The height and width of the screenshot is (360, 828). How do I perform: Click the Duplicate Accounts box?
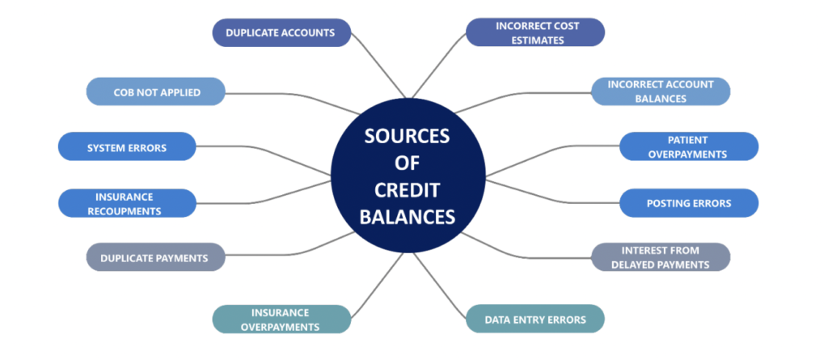(x=281, y=33)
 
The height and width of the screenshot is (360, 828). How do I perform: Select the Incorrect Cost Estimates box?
(x=535, y=33)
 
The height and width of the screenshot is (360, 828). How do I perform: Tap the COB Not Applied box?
(x=155, y=91)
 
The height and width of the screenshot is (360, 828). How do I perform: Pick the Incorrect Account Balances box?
(x=660, y=91)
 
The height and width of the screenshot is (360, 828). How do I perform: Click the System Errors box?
(x=127, y=147)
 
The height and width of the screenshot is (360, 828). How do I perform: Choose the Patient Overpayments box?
(x=688, y=147)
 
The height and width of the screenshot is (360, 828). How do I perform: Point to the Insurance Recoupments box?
(x=127, y=203)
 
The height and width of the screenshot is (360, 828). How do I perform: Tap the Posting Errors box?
(x=688, y=203)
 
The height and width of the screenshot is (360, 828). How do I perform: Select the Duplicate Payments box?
(x=155, y=258)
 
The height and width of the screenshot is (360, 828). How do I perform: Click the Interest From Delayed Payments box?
(x=660, y=258)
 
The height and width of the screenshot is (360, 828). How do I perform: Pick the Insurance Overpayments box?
(x=281, y=320)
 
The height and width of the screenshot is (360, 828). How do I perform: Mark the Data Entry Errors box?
(x=535, y=320)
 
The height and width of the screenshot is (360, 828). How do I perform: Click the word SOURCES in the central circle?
(x=408, y=136)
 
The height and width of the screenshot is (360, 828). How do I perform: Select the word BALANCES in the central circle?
(x=408, y=218)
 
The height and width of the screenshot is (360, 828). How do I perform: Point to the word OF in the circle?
(x=408, y=163)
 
